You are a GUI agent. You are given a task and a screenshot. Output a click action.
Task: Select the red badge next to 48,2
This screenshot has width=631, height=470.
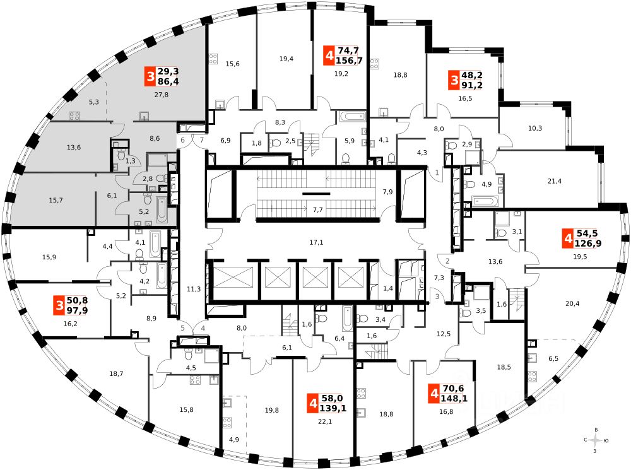click(x=454, y=80)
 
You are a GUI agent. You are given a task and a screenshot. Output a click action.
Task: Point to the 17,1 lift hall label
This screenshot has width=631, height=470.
click(x=315, y=242)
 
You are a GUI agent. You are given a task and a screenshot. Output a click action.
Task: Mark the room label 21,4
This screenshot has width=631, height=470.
click(x=554, y=181)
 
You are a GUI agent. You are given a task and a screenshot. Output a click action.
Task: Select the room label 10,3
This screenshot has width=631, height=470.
click(x=535, y=128)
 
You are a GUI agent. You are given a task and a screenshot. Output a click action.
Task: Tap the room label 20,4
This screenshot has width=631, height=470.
click(x=572, y=303)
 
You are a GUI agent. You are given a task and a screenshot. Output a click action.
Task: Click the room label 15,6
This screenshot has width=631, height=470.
click(x=233, y=64)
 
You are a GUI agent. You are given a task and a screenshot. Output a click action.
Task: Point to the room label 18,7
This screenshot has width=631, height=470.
click(x=117, y=374)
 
